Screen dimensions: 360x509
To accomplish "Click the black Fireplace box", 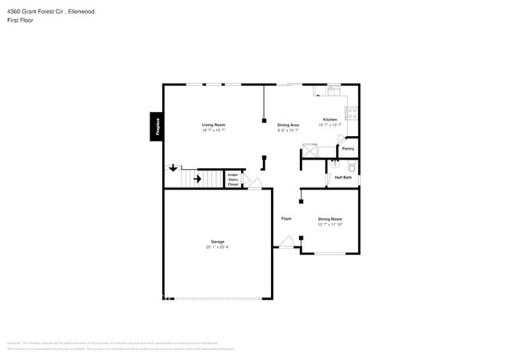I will click(x=157, y=128).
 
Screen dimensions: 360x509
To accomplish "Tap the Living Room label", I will click(x=214, y=125).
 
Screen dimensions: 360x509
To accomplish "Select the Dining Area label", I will click(x=288, y=125).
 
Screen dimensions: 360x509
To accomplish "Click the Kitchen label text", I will click(x=330, y=120).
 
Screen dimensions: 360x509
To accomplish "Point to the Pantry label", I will click(x=348, y=148).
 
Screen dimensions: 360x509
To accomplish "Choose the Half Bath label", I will click(x=343, y=178).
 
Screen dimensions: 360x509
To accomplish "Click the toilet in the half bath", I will click(x=352, y=167).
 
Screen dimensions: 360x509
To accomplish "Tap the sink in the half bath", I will click(x=335, y=164).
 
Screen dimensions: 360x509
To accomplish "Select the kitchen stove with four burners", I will click(x=353, y=113).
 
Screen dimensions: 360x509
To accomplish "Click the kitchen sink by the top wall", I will click(x=332, y=91).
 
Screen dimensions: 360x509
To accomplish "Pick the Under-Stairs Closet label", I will click(x=233, y=179).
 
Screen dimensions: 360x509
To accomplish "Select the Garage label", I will click(x=218, y=242).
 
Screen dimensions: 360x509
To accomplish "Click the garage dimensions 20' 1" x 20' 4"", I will click(x=218, y=247).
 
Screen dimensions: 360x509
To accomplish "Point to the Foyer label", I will click(x=287, y=218).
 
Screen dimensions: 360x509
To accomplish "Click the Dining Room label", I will click(x=330, y=219).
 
